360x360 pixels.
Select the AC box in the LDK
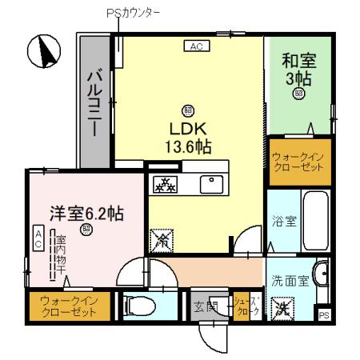196,47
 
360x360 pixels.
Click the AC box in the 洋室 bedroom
38,236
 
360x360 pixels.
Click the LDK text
186,128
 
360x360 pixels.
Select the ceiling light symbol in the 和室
298,94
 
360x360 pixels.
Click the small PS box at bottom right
324,315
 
